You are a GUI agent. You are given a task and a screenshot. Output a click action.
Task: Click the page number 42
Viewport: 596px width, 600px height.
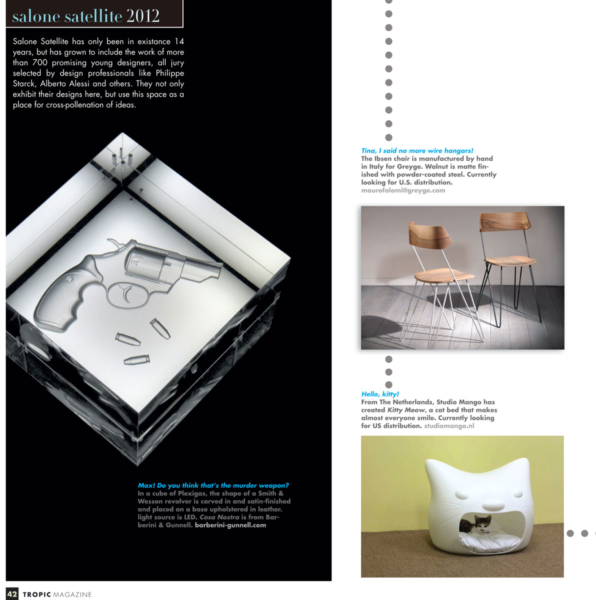click(x=12, y=594)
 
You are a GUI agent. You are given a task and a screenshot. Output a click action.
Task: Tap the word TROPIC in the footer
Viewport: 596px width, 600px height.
click(x=37, y=594)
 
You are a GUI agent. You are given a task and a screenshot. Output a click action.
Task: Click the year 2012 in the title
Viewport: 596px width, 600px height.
click(x=143, y=16)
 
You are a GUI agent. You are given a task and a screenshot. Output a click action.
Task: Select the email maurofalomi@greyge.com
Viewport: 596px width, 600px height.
click(x=403, y=190)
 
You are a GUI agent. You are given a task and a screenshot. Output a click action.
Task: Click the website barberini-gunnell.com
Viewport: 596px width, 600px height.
click(x=230, y=525)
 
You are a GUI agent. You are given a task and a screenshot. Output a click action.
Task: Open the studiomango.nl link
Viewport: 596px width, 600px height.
click(x=449, y=426)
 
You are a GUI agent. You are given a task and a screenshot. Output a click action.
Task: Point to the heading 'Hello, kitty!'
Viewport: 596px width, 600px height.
click(x=380, y=394)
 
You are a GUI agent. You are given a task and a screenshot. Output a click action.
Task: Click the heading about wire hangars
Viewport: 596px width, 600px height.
click(x=417, y=150)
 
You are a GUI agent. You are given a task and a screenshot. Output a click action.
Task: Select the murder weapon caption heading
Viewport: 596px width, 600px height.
click(x=213, y=485)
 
